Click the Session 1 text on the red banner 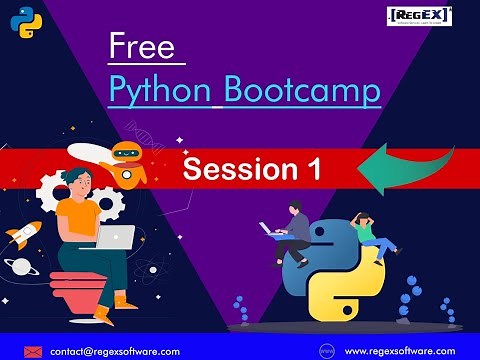[x=252, y=169]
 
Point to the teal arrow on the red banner [x=401, y=169]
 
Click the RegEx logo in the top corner [x=419, y=16]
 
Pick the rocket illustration [x=22, y=235]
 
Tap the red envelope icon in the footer [x=34, y=351]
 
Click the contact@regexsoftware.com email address [x=108, y=351]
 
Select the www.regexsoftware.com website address [x=399, y=351]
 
